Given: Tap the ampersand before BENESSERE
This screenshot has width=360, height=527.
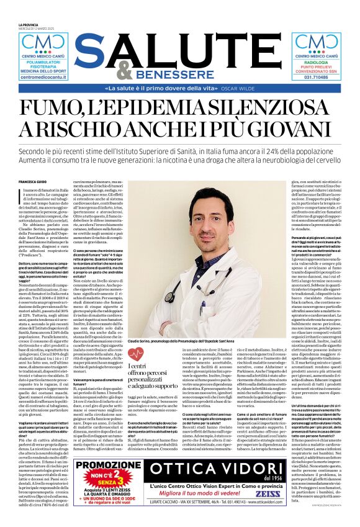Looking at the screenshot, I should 125,71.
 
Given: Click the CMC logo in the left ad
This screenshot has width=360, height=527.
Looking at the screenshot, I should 43,44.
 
